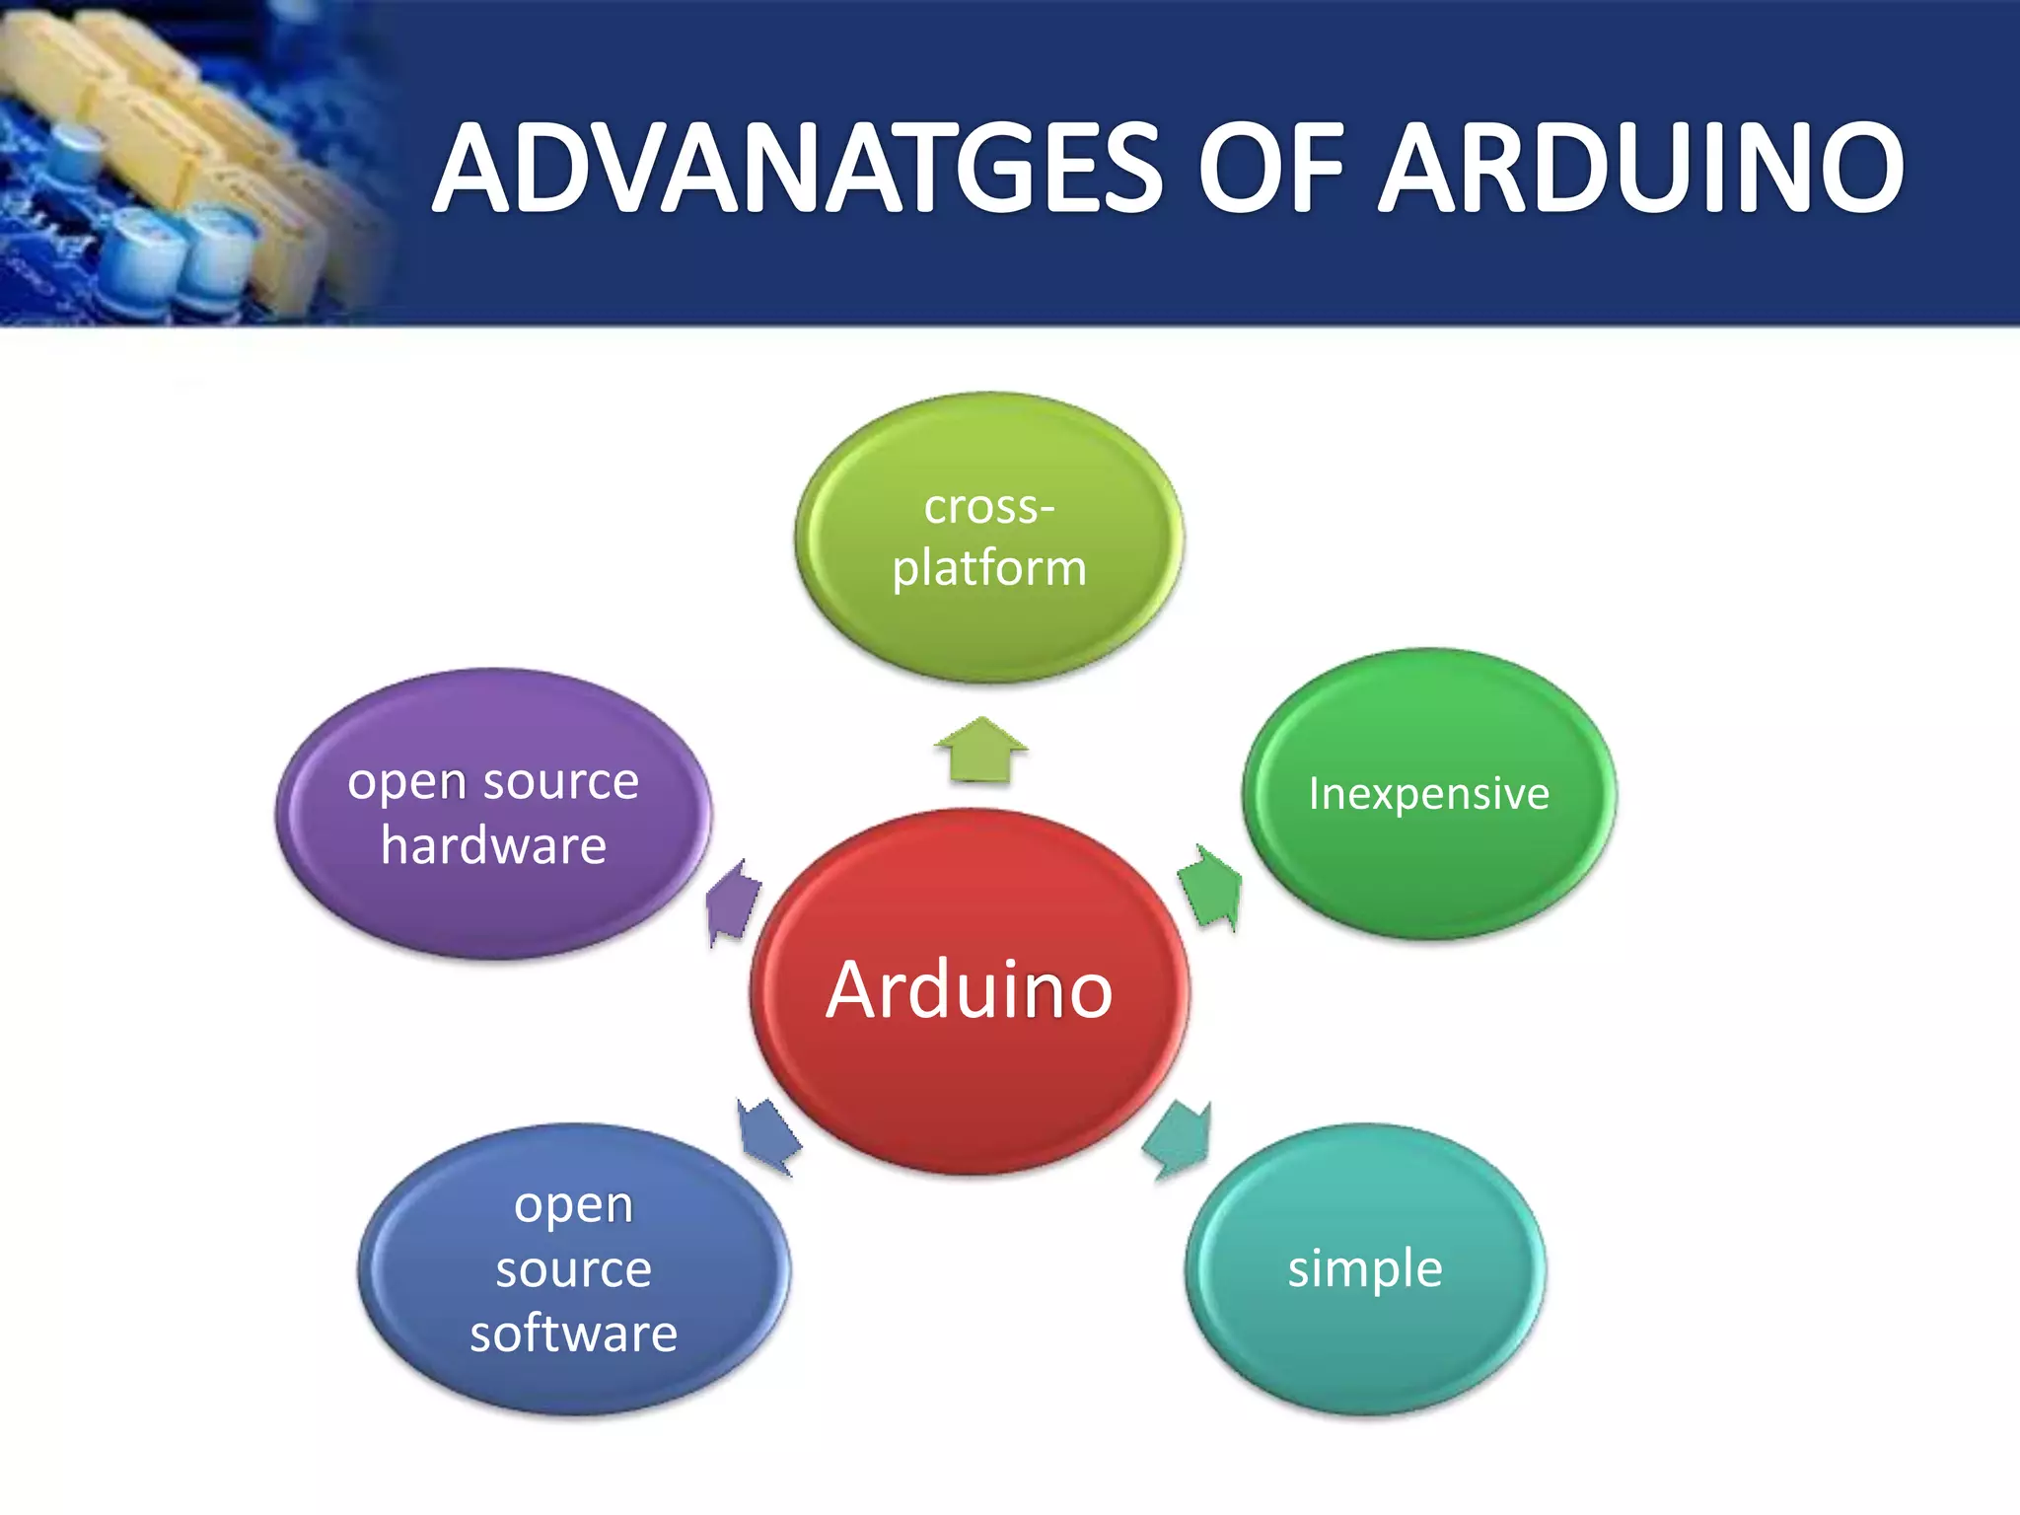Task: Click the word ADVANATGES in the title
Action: (799, 168)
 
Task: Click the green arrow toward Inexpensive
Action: (1210, 887)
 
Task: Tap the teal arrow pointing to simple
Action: (1178, 1140)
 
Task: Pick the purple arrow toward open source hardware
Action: (734, 902)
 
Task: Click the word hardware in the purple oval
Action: (493, 846)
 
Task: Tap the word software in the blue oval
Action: (573, 1334)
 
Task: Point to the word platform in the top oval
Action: (989, 569)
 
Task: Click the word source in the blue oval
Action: (573, 1269)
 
